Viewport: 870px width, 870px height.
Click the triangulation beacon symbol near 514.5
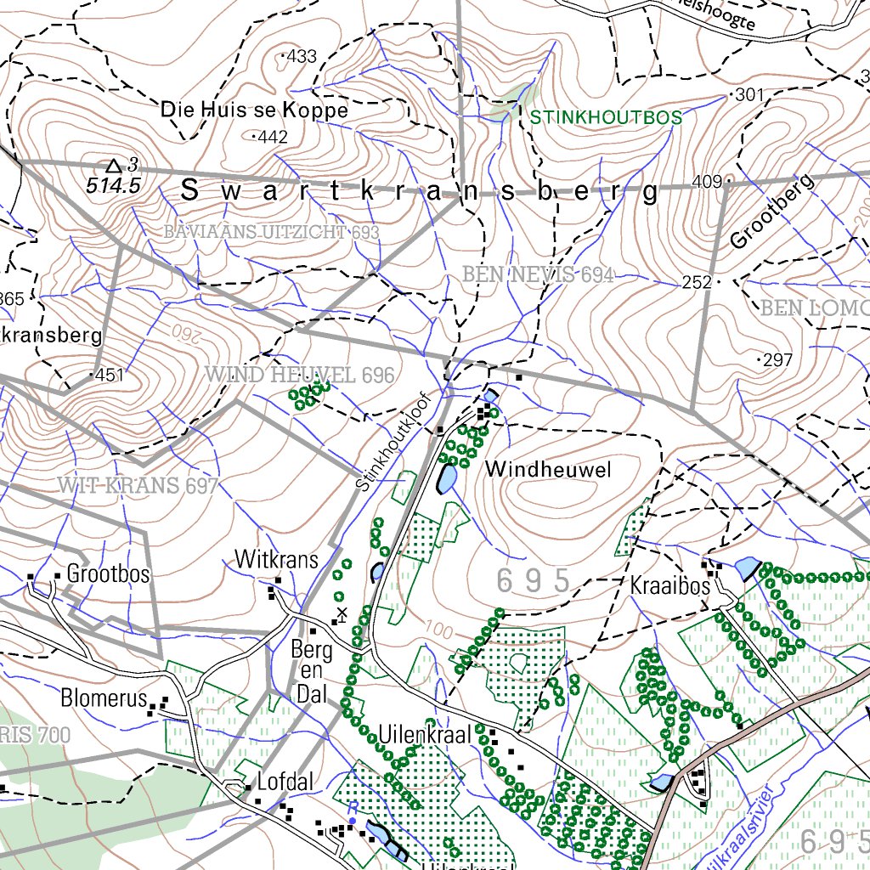113,165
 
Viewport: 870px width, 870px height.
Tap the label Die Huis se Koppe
254,110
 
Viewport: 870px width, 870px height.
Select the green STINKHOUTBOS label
607,117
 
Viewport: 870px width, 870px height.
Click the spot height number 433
302,57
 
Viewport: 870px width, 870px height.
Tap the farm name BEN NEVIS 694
538,274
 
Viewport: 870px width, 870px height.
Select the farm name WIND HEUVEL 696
300,375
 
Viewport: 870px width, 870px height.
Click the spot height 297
777,361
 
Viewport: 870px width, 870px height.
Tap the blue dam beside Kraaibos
747,568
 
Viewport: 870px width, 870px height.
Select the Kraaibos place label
669,585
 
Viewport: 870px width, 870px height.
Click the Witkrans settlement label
276,560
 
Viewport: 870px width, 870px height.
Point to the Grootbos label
108,573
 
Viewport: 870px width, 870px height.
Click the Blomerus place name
99,698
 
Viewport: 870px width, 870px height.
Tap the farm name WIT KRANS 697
138,486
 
